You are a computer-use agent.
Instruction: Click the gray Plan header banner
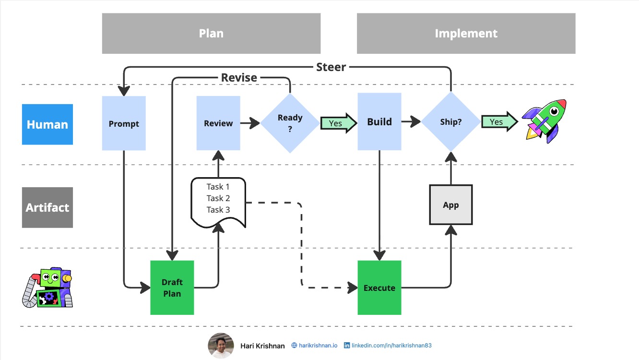(x=211, y=34)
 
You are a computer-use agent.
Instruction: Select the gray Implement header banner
(x=466, y=34)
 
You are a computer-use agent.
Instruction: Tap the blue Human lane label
(x=47, y=124)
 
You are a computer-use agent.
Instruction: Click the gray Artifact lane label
(x=47, y=207)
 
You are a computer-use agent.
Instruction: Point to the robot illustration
(x=47, y=288)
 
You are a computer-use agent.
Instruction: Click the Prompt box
(x=124, y=123)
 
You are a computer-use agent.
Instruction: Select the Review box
(x=218, y=123)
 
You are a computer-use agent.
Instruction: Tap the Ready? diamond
(x=290, y=123)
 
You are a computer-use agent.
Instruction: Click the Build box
(x=379, y=122)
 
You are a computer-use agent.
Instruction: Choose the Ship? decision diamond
(x=450, y=122)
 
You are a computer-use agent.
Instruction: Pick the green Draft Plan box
(x=172, y=288)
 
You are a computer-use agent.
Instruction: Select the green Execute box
(x=379, y=288)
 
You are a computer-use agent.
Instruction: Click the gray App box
(x=450, y=205)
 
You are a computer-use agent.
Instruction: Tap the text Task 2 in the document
(x=218, y=198)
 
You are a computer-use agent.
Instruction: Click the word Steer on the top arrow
(x=331, y=67)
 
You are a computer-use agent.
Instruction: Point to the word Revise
(x=239, y=78)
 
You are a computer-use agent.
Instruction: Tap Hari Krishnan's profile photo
(x=221, y=346)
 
